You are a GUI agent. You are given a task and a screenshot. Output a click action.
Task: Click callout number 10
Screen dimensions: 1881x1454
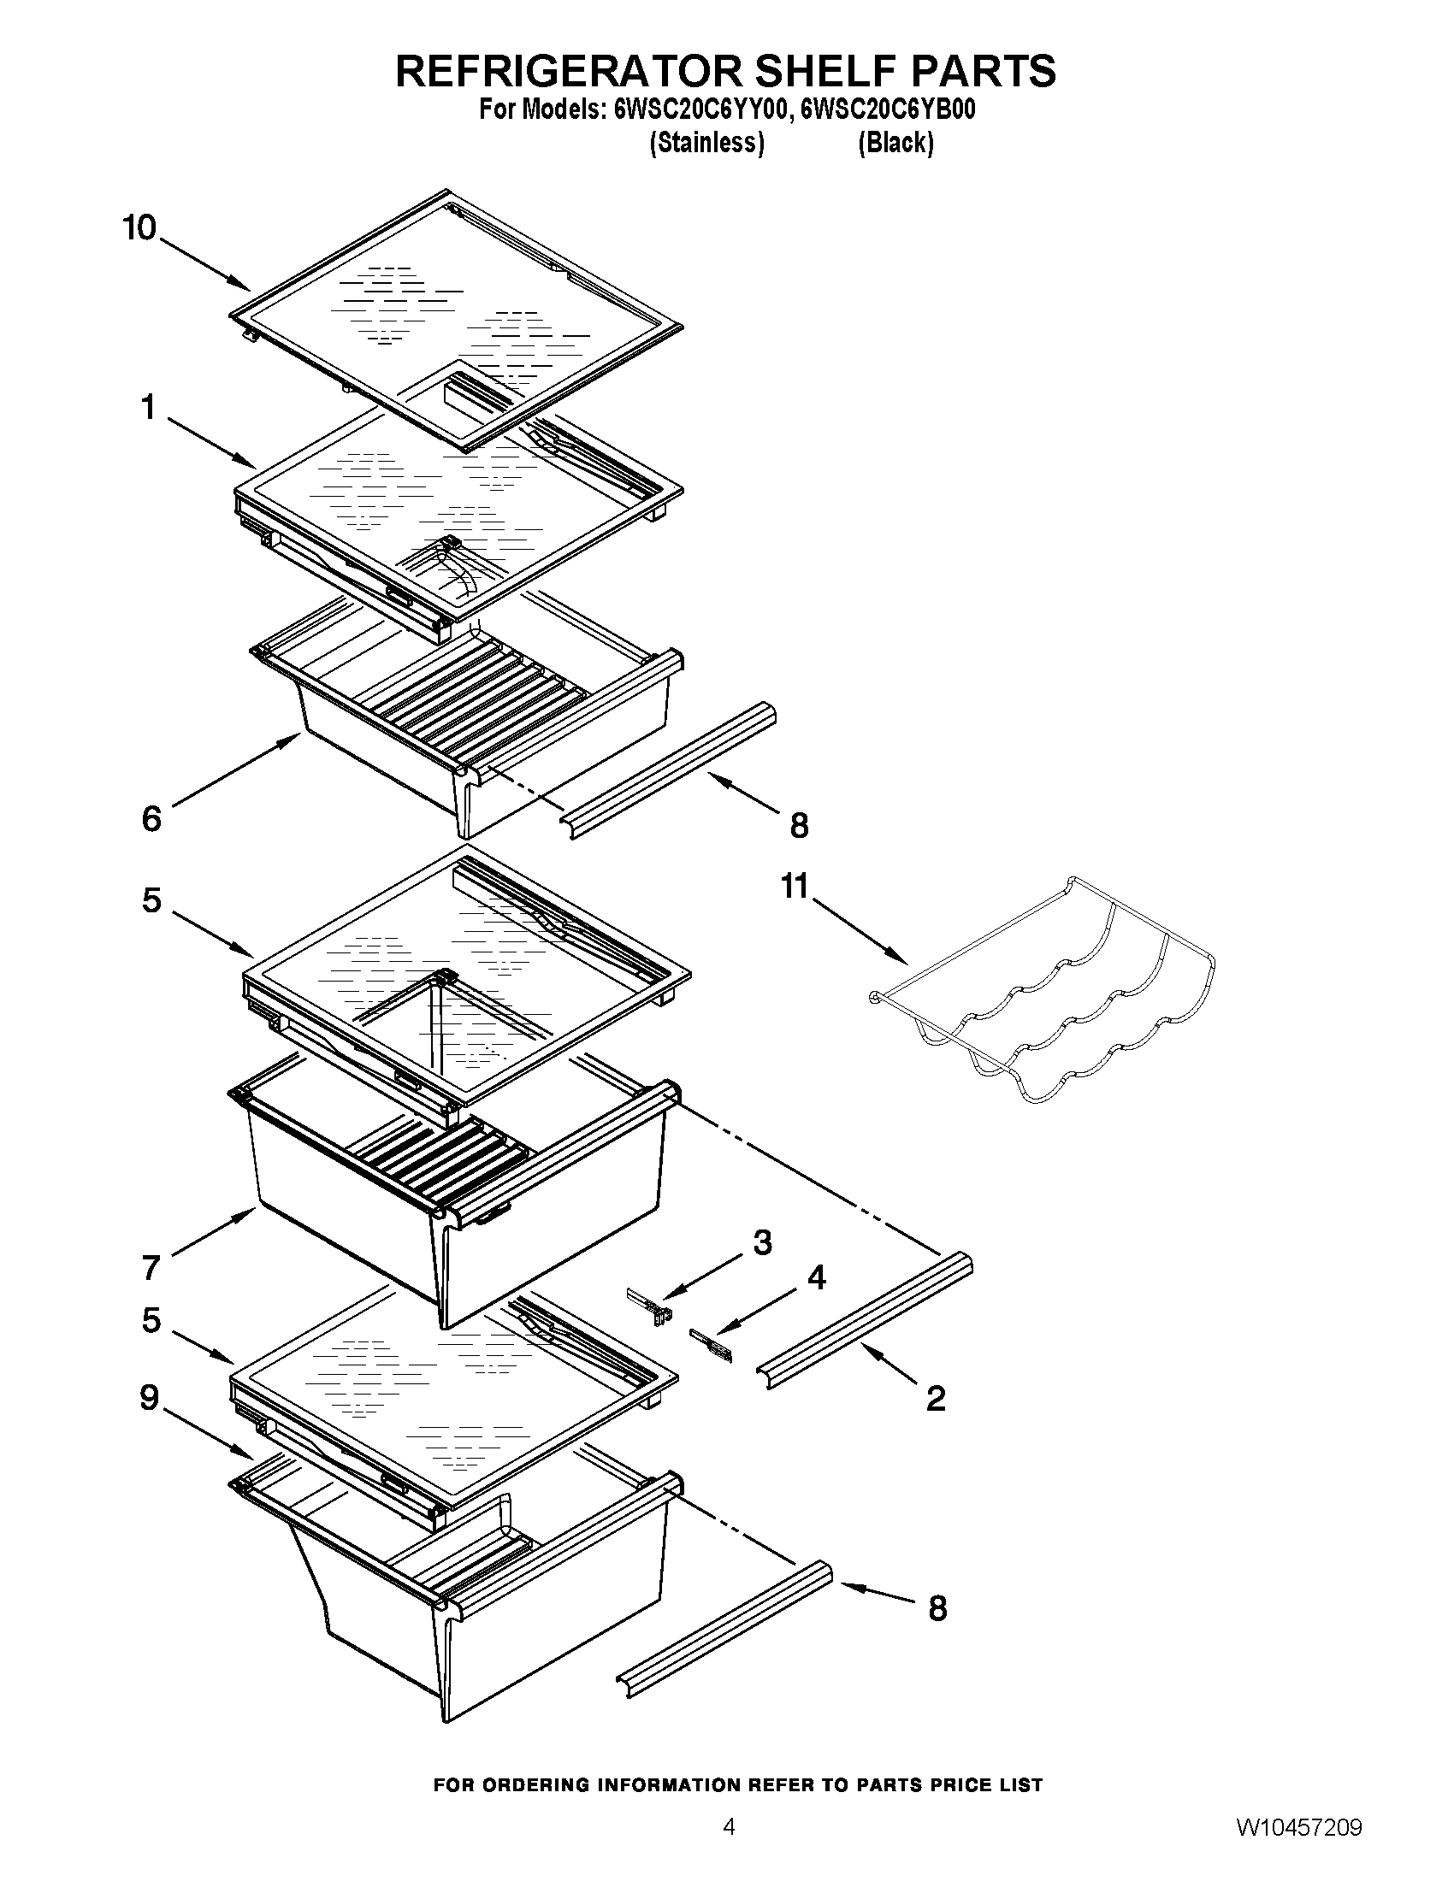[139, 228]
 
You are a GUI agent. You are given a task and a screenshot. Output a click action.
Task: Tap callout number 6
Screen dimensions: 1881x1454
[151, 818]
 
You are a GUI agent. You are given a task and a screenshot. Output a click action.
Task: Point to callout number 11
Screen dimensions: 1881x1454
[795, 886]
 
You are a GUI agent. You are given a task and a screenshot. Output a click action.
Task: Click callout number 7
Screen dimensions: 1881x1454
[151, 1268]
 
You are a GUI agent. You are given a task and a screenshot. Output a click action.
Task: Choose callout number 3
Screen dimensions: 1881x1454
[762, 1242]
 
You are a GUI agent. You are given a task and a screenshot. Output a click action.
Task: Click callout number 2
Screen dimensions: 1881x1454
[936, 1398]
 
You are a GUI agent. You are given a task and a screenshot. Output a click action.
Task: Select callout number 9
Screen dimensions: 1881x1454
[150, 1397]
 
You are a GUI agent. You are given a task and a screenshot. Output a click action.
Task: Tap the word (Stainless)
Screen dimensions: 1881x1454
[706, 142]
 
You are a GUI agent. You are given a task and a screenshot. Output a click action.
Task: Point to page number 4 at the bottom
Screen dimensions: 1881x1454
[729, 1847]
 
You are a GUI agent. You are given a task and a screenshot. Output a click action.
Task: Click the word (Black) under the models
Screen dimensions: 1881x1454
[895, 142]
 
